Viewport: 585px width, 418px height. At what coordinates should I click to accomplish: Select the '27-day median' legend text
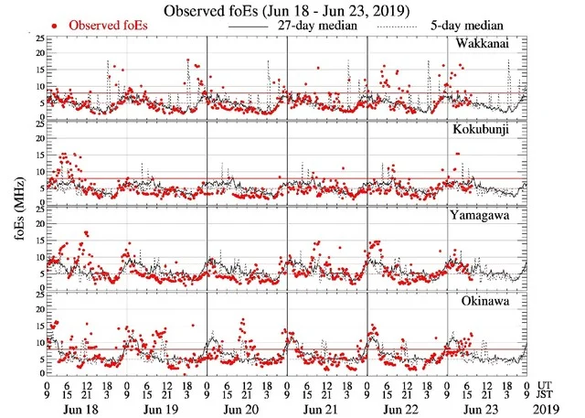click(x=314, y=26)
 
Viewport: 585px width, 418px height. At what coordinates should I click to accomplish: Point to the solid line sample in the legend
click(x=242, y=26)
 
